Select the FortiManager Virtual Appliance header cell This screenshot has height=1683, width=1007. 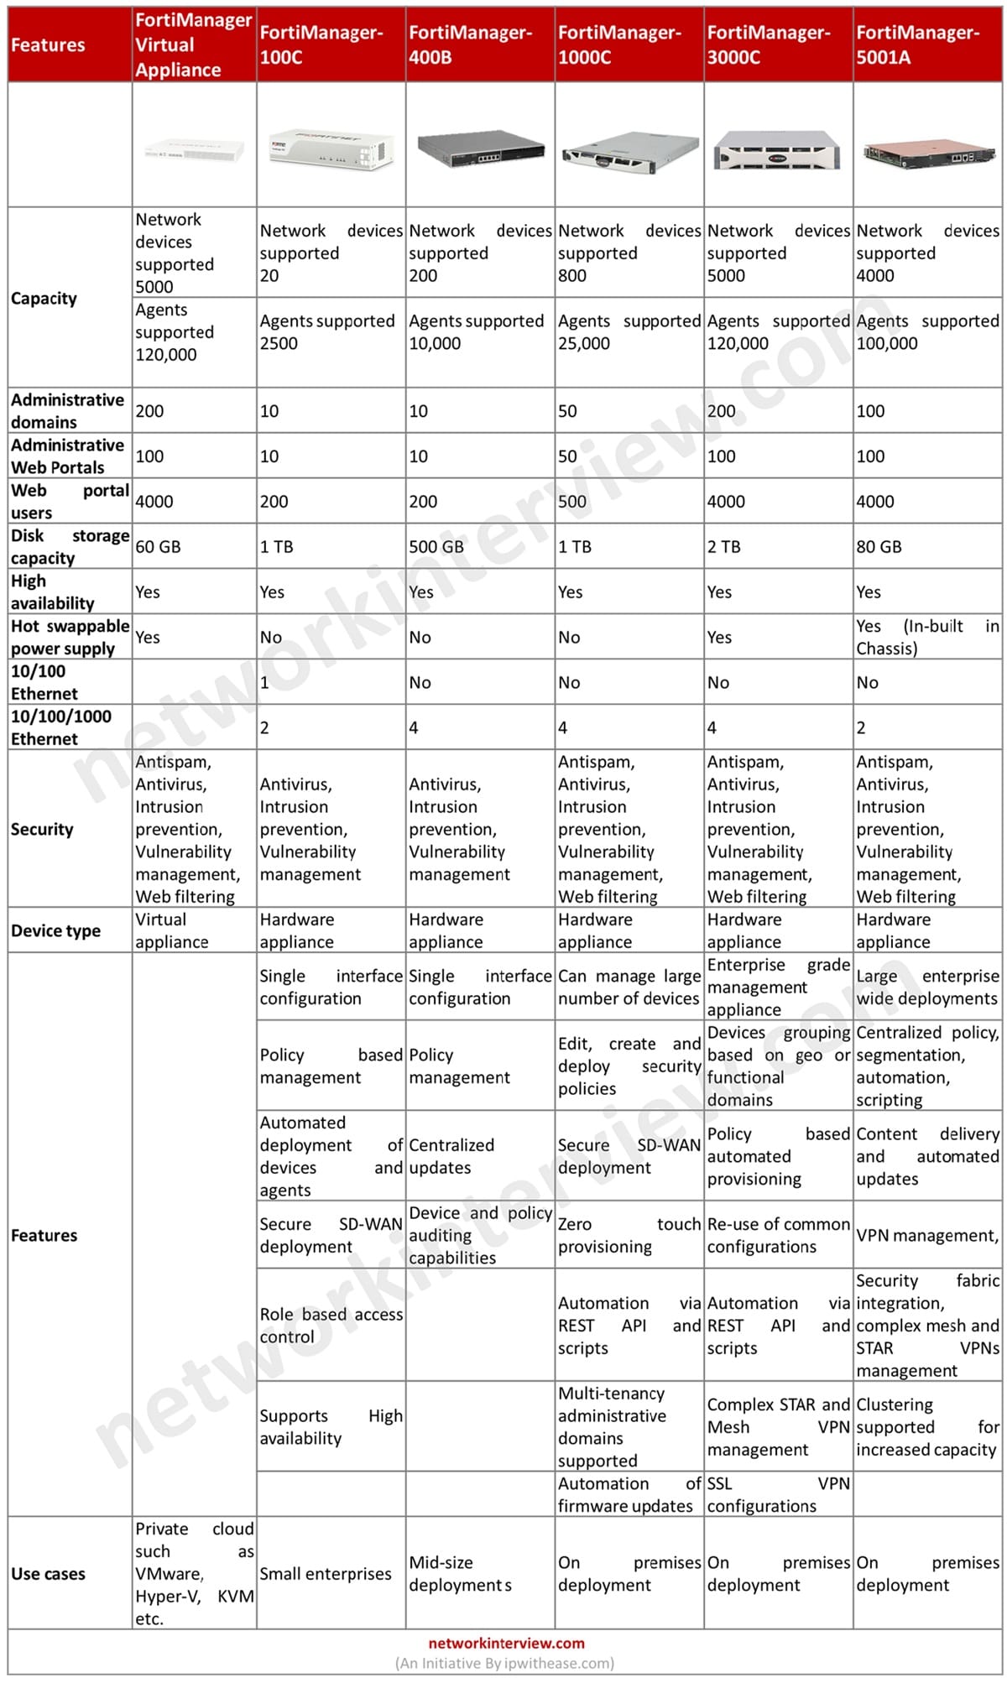pos(194,45)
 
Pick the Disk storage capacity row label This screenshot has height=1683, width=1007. pos(70,546)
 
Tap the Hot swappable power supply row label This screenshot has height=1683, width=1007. pos(70,637)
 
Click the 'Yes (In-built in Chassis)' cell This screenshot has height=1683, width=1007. pos(926,637)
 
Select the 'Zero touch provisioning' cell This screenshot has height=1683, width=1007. pos(629,1235)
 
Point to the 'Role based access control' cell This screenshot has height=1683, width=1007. pos(331,1326)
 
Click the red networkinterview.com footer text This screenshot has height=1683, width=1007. pos(506,1644)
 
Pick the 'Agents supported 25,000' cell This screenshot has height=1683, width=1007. pos(629,332)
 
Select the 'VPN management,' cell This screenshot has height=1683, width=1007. pos(926,1235)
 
